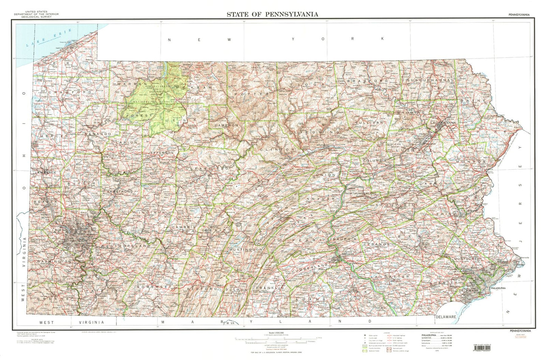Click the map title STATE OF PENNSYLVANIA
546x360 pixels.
click(272, 14)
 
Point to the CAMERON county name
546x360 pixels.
click(226, 125)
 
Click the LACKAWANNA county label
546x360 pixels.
click(443, 123)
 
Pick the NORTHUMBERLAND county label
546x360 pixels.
click(361, 194)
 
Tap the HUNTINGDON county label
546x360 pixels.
click(246, 250)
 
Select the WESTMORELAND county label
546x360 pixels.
click(125, 246)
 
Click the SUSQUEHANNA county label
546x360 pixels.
click(428, 81)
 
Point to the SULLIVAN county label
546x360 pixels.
click(369, 123)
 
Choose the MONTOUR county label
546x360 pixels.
click(356, 172)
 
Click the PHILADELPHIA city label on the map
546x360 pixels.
click(498, 288)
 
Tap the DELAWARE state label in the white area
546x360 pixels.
click(446, 317)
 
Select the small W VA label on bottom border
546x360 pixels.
click(230, 323)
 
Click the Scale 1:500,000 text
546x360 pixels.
click(274, 333)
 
